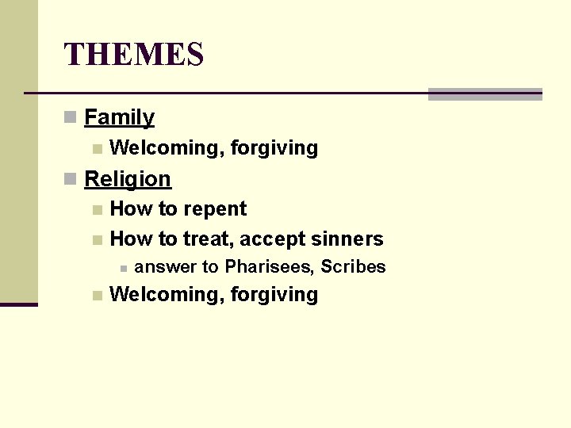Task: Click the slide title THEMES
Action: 134,55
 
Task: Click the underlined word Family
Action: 119,118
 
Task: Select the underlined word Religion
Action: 128,179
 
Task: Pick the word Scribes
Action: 353,267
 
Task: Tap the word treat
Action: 207,239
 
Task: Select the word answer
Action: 166,267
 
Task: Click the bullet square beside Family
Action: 70,118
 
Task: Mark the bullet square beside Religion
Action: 70,179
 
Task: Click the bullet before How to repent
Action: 97,210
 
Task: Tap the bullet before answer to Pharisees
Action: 123,268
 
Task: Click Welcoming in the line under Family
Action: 167,148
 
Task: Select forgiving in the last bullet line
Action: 274,295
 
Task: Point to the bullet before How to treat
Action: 97,239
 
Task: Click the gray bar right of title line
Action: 485,94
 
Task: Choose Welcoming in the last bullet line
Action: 167,295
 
